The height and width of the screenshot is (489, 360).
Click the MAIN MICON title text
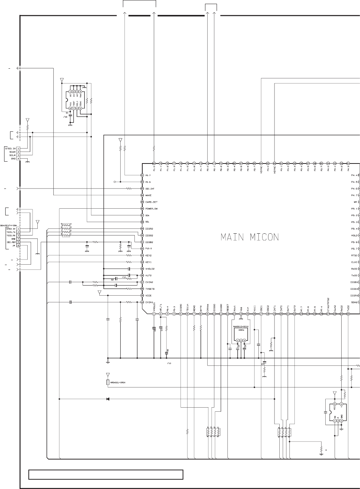click(250, 237)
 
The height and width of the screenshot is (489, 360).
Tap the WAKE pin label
click(148, 195)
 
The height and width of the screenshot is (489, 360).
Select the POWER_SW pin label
click(151, 209)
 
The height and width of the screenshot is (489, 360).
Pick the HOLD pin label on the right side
click(354, 236)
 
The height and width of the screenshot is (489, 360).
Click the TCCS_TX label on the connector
click(11, 232)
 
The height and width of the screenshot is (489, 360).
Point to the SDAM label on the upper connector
click(12, 152)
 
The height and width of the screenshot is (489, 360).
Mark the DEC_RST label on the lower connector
click(11, 242)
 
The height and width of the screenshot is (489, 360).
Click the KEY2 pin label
click(148, 255)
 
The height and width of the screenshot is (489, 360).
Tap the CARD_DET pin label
click(151, 202)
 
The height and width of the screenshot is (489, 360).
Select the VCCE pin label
click(148, 295)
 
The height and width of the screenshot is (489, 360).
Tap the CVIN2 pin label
click(149, 282)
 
